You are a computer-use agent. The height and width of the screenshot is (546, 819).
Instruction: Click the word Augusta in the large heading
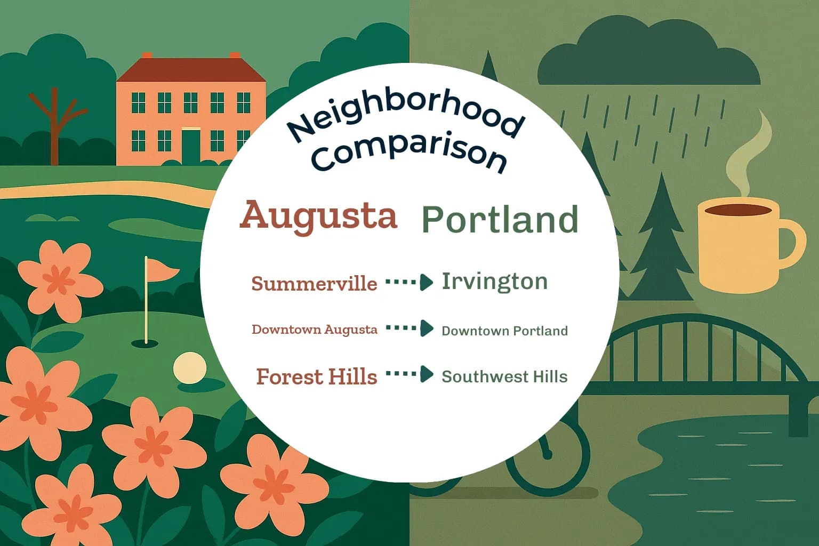(318, 216)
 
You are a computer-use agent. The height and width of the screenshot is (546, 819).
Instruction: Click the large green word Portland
(500, 220)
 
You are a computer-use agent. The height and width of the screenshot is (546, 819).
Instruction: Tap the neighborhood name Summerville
(314, 284)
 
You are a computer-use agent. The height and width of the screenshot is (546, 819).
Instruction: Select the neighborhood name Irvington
(494, 282)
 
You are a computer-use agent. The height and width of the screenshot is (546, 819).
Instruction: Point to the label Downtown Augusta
(314, 330)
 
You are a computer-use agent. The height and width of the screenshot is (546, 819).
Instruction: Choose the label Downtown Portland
(504, 331)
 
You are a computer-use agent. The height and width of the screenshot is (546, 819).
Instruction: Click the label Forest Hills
(316, 377)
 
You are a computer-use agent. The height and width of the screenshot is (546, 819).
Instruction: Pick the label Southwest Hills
(504, 377)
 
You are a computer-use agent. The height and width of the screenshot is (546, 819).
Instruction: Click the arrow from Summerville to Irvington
(409, 282)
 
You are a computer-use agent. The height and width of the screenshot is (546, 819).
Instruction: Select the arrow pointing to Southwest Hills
(409, 374)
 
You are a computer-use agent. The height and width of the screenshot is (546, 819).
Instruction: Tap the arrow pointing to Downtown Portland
(409, 328)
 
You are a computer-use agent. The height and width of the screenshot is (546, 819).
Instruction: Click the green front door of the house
(190, 146)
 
